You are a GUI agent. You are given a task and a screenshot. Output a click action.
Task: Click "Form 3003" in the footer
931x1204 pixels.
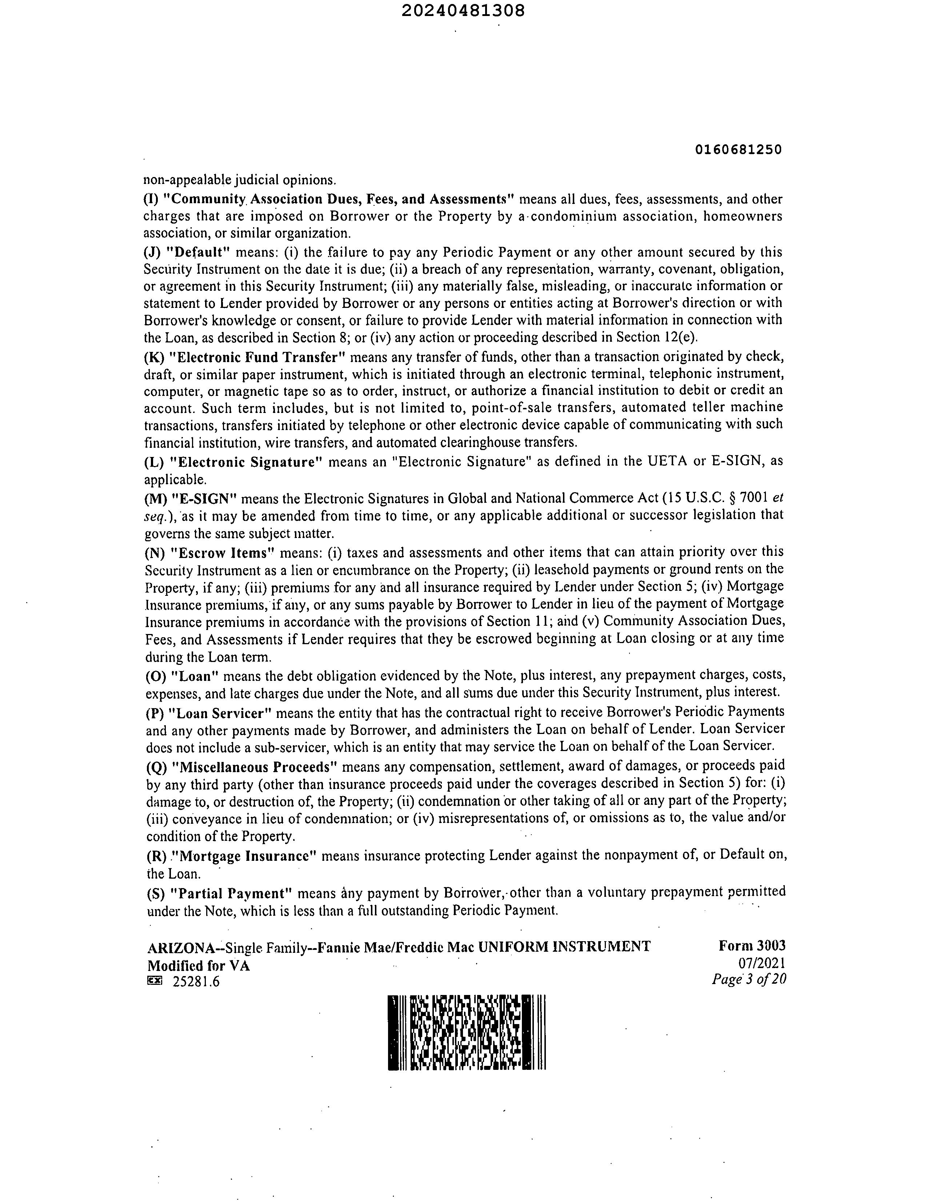coord(752,946)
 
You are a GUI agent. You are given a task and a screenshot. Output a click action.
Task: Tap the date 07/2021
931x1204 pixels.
coord(762,963)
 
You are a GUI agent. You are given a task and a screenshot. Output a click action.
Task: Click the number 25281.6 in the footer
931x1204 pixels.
coord(196,981)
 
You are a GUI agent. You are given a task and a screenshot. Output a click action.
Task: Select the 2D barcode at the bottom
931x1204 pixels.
coord(467,1032)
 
